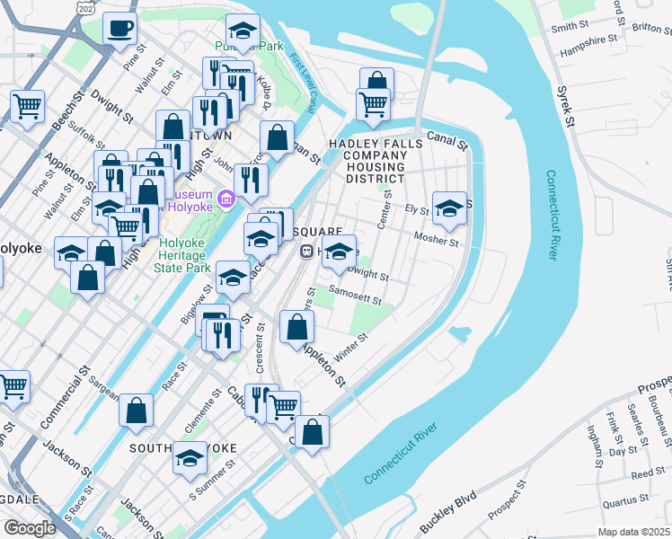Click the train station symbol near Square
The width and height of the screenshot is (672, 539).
point(306,252)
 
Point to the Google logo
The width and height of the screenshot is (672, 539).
point(30,527)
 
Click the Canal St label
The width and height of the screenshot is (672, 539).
point(447,139)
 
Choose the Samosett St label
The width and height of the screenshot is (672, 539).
point(356,295)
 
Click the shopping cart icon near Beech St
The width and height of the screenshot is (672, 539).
point(28,106)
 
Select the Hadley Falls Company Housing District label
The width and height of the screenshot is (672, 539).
point(367,160)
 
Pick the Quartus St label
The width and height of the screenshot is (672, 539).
point(625,500)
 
